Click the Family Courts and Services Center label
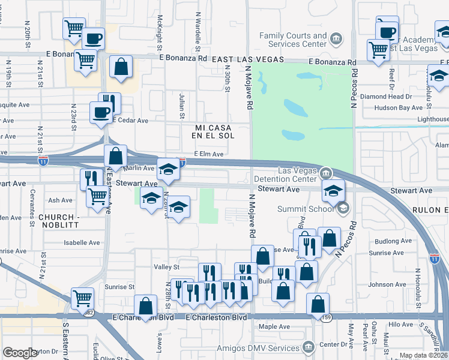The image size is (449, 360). pyautogui.click(x=293, y=40)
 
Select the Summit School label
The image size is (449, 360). pyautogui.click(x=306, y=209)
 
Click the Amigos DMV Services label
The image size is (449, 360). pyautogui.click(x=267, y=348)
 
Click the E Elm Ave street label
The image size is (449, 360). pyautogui.click(x=209, y=154)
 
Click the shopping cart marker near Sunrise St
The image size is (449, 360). pyautogui.click(x=82, y=297)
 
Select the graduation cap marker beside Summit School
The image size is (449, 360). pyautogui.click(x=333, y=191)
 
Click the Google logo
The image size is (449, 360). pyautogui.click(x=20, y=353)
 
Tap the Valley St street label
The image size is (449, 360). pyautogui.click(x=167, y=266)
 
